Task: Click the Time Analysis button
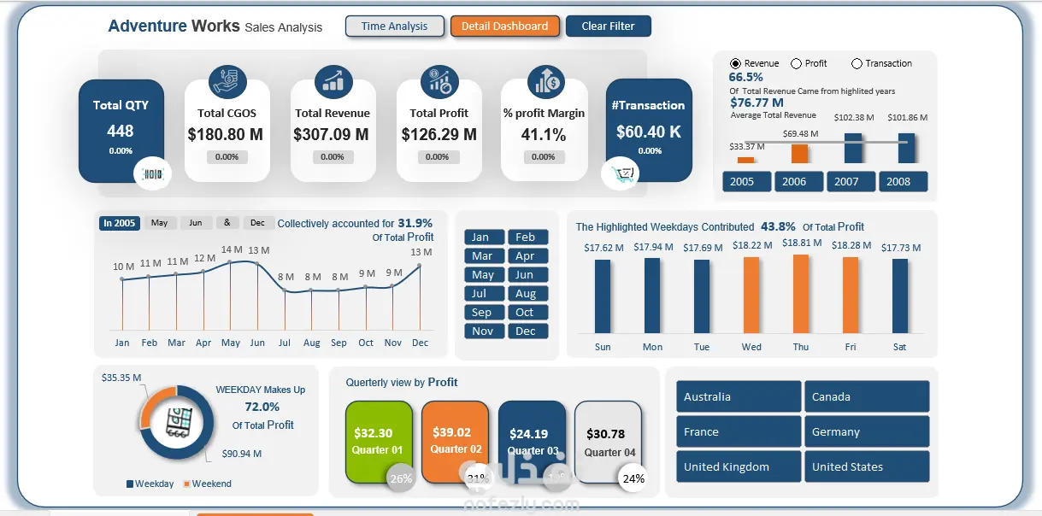point(394,26)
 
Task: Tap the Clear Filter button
point(608,26)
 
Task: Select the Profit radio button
point(797,63)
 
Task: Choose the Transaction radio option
point(857,63)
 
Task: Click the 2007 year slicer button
point(846,181)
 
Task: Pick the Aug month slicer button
point(527,293)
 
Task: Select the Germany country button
point(866,431)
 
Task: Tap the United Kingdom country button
point(739,466)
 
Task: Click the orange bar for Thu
point(801,294)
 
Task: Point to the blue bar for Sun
point(603,296)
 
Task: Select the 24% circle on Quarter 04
point(633,478)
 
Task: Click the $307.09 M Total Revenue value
point(332,134)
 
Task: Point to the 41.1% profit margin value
point(544,134)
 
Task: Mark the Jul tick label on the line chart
point(285,343)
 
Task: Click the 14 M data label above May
point(232,250)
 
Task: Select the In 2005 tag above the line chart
point(119,223)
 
